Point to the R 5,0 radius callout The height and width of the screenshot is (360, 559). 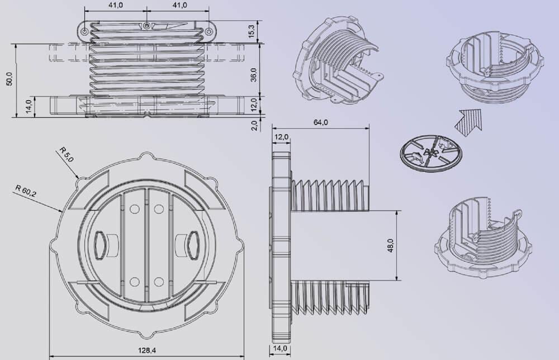pos(66,154)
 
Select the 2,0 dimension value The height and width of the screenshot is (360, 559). pos(255,124)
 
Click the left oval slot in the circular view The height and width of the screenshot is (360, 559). pos(102,244)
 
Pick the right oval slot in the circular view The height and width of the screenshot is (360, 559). pos(191,244)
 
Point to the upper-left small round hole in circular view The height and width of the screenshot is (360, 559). pos(134,209)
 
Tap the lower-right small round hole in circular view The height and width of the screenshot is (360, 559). pos(159,281)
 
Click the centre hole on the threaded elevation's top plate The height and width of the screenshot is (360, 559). pos(146,26)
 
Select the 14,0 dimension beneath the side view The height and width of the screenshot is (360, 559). pos(279,348)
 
